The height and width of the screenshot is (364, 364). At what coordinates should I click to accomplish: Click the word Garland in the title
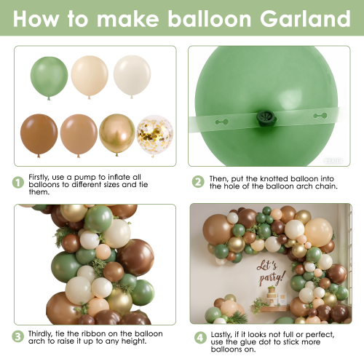(305, 19)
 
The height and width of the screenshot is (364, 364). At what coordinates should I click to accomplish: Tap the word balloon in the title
(210, 19)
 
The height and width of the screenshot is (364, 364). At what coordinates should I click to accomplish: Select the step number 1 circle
(18, 183)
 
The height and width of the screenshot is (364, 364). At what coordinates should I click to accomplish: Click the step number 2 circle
(198, 182)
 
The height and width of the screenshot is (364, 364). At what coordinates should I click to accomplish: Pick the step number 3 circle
(18, 337)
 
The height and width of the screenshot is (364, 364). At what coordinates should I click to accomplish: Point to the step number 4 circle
(200, 338)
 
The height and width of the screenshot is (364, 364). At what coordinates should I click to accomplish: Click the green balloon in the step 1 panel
(49, 78)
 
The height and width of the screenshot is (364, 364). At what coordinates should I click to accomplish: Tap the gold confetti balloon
(154, 135)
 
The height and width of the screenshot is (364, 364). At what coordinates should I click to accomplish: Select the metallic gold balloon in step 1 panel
(117, 135)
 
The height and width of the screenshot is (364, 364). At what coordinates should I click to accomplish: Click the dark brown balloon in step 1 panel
(39, 135)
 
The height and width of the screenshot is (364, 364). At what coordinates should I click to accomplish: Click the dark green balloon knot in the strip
(266, 118)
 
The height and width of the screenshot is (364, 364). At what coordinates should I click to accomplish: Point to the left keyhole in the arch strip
(221, 122)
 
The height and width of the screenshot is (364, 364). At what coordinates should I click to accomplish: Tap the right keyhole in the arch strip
(320, 116)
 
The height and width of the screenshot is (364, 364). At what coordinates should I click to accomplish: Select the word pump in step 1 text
(85, 178)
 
